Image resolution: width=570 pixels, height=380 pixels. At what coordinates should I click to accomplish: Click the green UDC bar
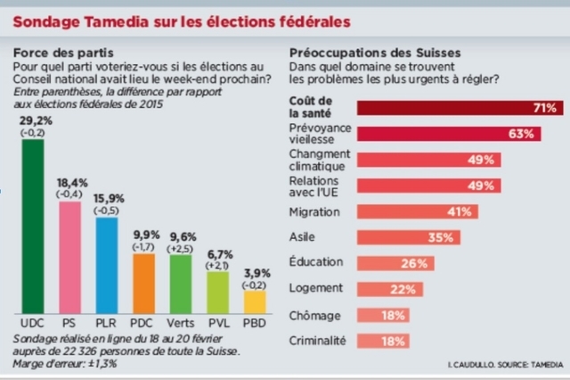coord(32,223)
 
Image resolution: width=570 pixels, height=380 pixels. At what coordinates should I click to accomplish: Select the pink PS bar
coord(69,254)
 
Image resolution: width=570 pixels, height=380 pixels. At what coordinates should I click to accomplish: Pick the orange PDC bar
coord(143,280)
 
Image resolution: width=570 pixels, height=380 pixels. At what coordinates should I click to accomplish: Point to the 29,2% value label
coord(33,119)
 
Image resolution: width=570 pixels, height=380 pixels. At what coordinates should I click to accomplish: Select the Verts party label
coord(181,318)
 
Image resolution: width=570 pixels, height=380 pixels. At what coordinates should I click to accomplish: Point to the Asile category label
coord(305,237)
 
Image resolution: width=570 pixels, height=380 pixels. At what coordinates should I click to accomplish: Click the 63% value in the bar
coord(521,134)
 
